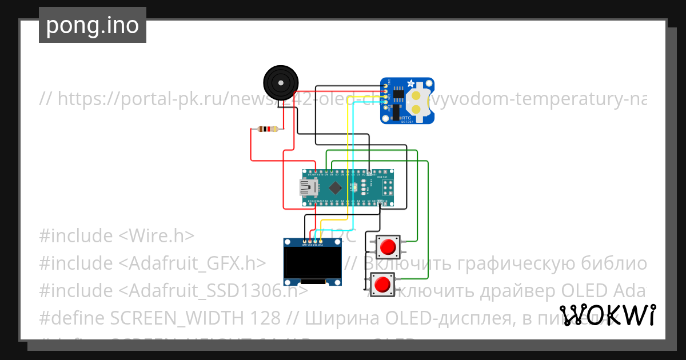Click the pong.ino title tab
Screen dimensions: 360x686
[x=92, y=25]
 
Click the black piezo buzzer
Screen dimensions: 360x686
[x=280, y=82]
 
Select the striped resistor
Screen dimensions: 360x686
[x=268, y=129]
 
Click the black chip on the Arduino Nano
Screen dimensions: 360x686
[x=335, y=187]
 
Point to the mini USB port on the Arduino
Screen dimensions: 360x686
[x=308, y=187]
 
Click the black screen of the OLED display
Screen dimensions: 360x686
[x=312, y=262]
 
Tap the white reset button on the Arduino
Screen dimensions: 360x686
[x=355, y=187]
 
